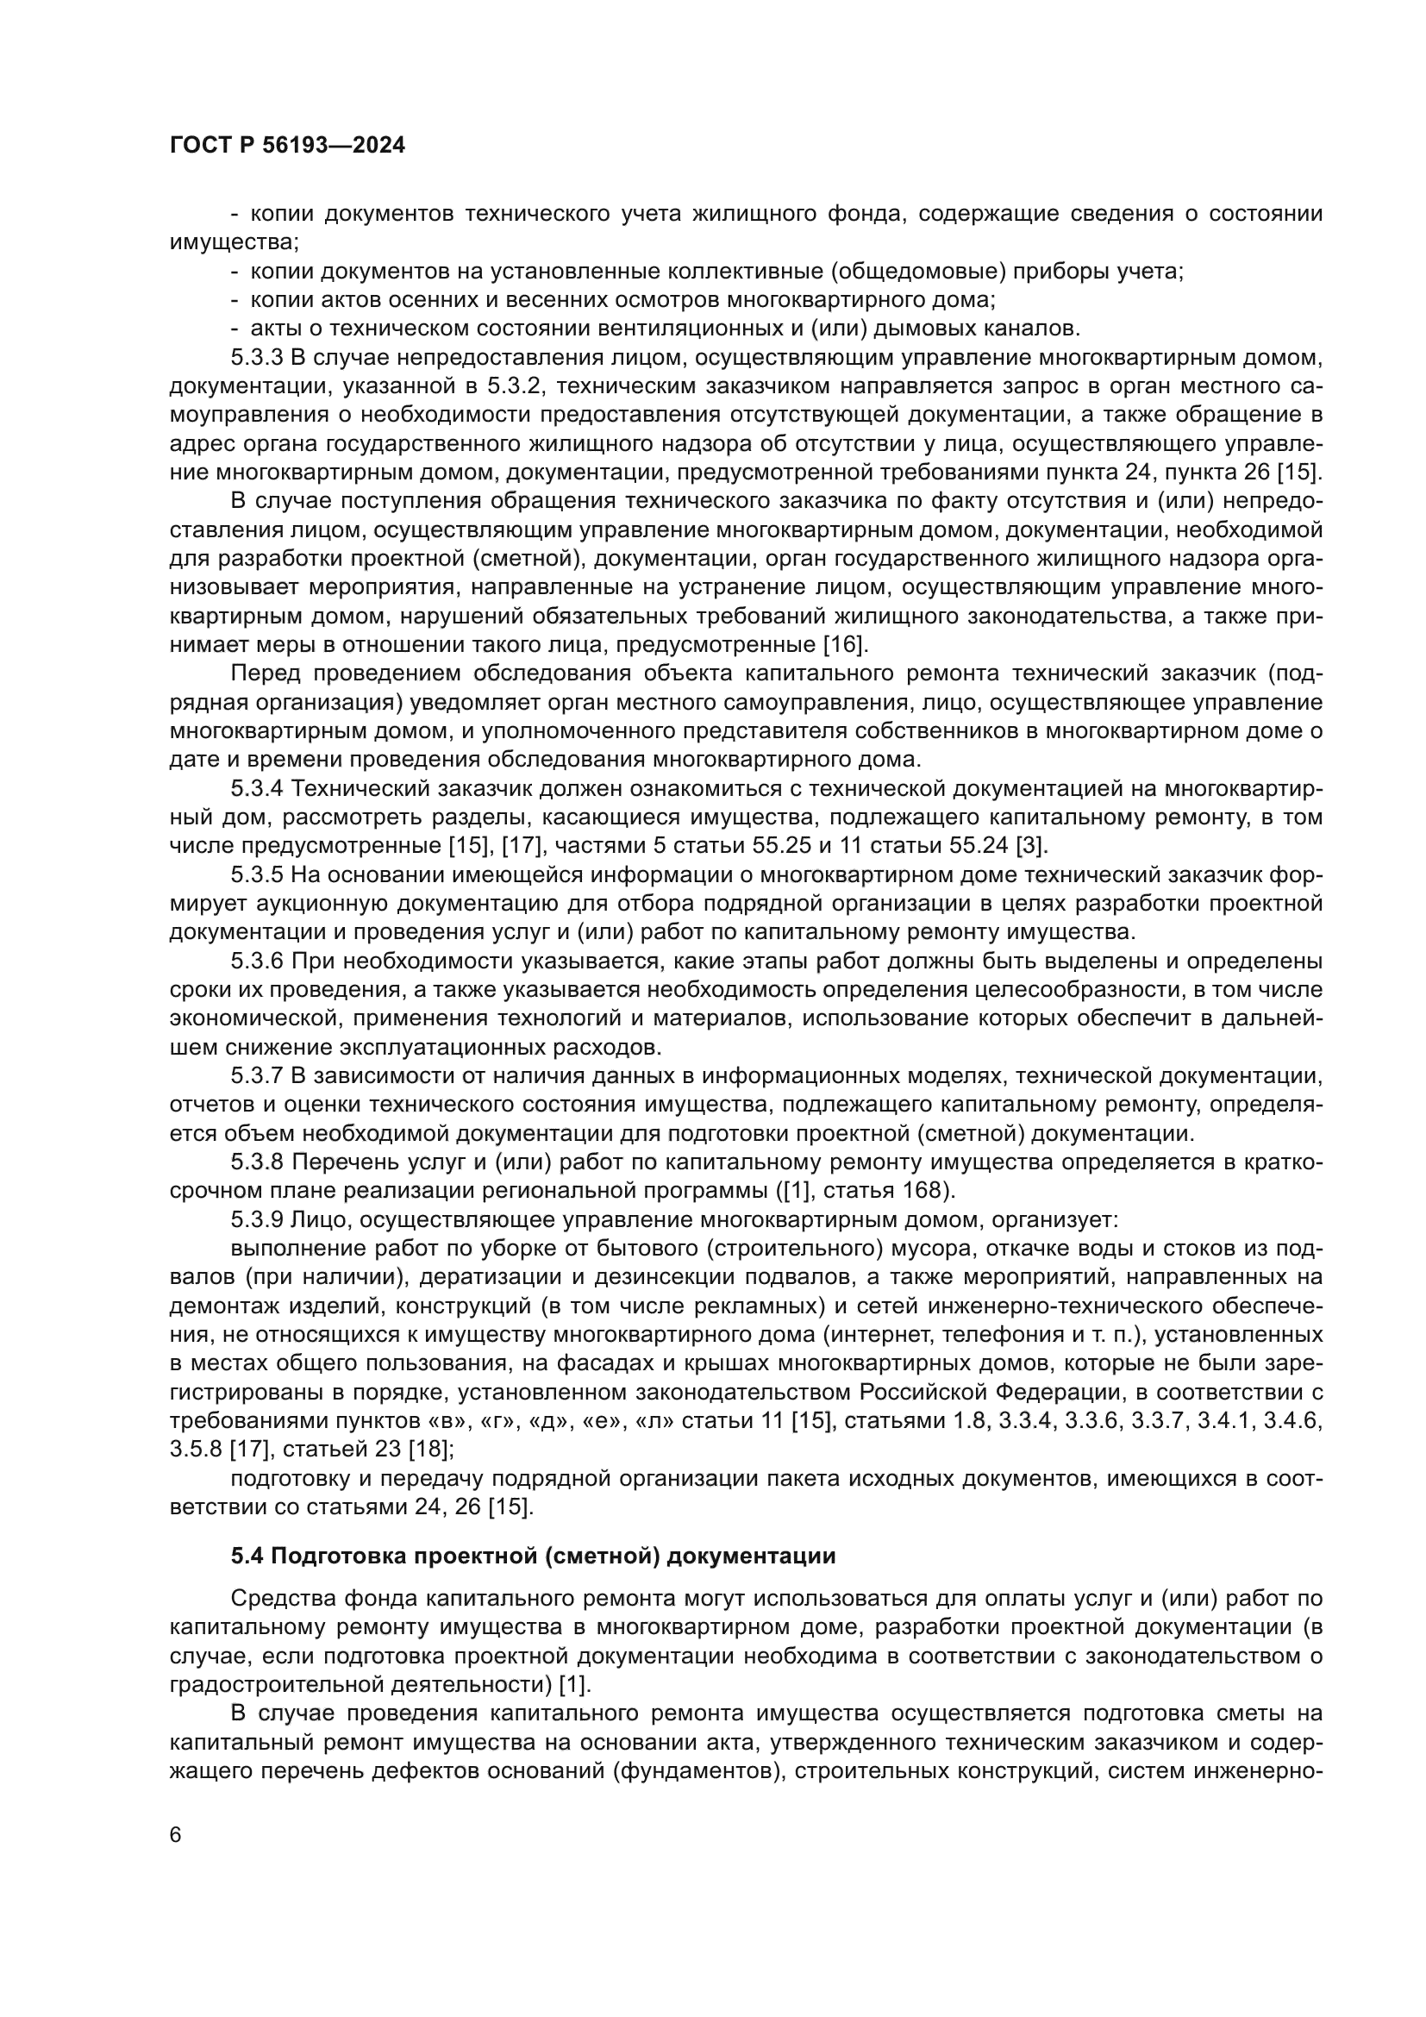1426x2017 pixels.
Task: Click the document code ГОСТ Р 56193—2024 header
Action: point(287,146)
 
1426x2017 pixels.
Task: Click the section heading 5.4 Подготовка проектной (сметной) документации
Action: point(533,1557)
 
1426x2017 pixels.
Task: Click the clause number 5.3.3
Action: point(257,358)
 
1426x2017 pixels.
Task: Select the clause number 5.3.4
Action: point(257,789)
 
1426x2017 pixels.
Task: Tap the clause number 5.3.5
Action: point(257,875)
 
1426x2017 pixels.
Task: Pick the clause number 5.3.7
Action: point(257,1076)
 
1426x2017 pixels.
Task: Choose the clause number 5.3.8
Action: point(257,1163)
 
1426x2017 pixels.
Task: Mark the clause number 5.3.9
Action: point(257,1220)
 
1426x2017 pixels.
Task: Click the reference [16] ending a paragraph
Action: point(845,645)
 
